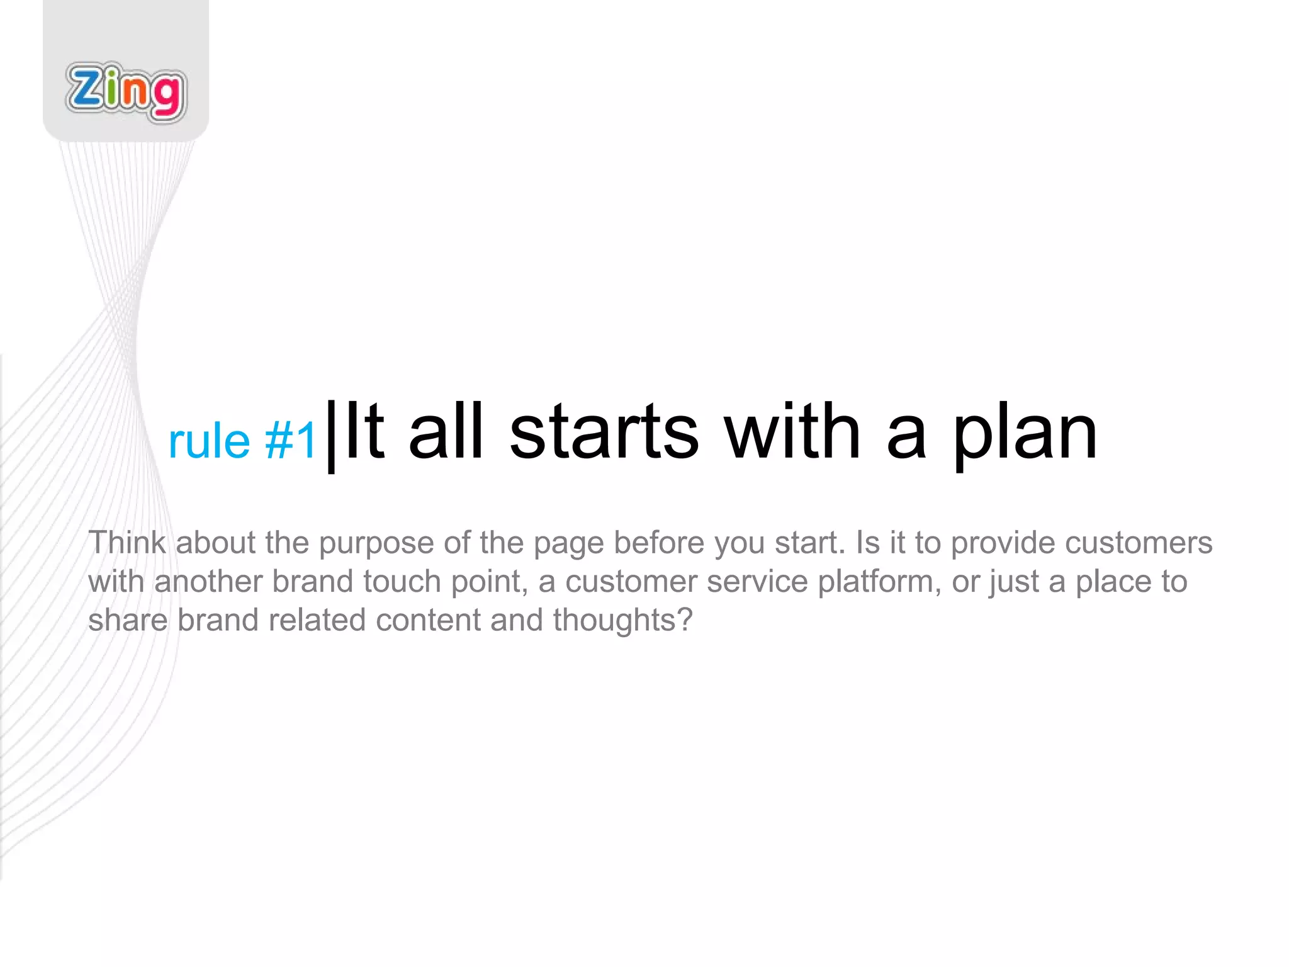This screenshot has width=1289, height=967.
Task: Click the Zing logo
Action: click(x=126, y=92)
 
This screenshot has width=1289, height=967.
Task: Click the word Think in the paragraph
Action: click(x=127, y=543)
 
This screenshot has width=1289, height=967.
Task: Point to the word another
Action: click(x=208, y=582)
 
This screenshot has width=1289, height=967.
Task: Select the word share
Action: click(x=127, y=620)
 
